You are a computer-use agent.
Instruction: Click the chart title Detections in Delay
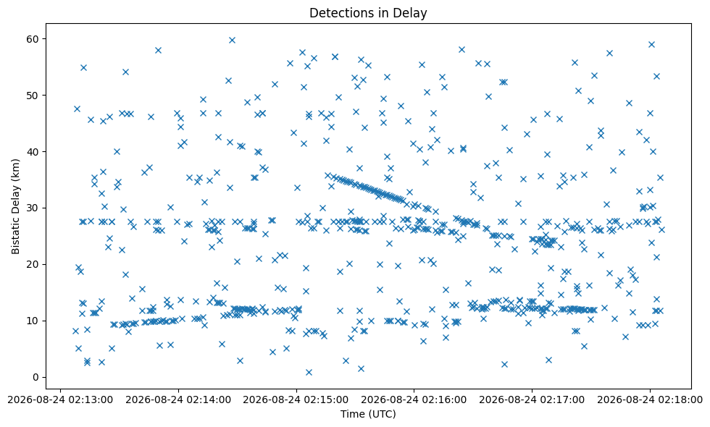[368, 13]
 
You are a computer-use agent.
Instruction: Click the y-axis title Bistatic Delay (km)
[16, 206]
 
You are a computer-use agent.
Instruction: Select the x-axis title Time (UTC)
[368, 413]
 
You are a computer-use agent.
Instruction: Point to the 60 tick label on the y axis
[33, 39]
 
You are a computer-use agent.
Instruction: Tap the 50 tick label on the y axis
[33, 96]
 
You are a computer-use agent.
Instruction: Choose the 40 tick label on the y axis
[33, 151]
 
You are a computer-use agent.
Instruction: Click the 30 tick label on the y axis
[33, 208]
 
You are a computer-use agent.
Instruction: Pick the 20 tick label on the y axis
[33, 264]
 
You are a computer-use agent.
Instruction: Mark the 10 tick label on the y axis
[33, 321]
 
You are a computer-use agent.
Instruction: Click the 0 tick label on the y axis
[36, 377]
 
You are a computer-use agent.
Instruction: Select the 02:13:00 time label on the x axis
[60, 399]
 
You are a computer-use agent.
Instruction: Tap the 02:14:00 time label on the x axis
[178, 399]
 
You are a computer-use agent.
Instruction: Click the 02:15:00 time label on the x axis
[296, 399]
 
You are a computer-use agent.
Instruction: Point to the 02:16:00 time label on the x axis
[414, 399]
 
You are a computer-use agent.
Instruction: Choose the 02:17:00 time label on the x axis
[532, 399]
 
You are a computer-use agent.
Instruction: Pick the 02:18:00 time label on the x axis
[650, 399]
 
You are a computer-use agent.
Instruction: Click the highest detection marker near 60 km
[232, 41]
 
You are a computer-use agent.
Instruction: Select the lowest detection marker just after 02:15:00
[309, 372]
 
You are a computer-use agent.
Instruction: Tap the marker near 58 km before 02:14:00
[158, 50]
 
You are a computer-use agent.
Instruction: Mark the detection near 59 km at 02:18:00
[651, 44]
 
